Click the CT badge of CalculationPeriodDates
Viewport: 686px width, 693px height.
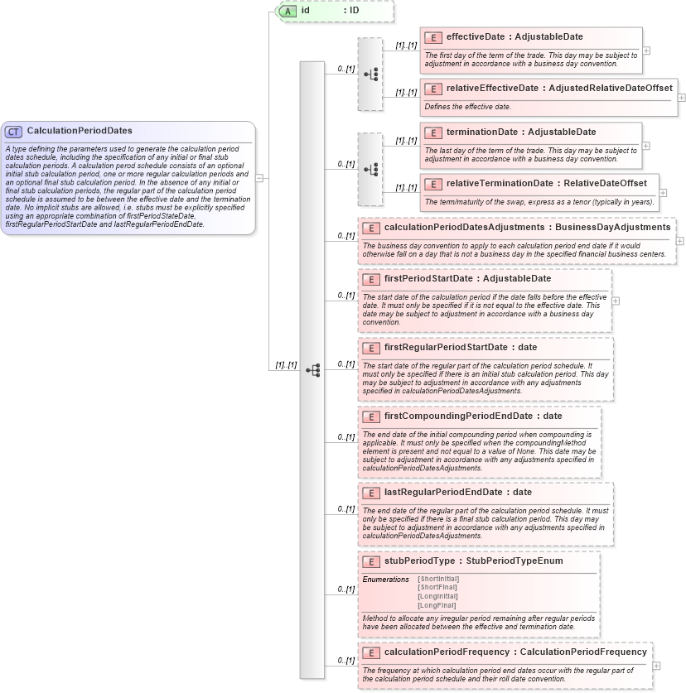coord(13,131)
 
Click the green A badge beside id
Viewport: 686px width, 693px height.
coord(287,11)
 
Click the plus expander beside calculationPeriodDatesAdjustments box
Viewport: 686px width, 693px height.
coord(680,240)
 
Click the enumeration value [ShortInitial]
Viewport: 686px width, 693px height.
coord(437,579)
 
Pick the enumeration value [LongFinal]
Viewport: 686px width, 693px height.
coord(437,605)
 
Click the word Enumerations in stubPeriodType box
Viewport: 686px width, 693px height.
coord(385,579)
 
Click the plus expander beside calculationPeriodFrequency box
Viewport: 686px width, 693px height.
coord(656,665)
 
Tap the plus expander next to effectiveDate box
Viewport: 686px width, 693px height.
coord(646,51)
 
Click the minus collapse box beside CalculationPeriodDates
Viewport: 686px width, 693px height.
coord(259,177)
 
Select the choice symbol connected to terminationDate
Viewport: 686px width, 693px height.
coord(370,169)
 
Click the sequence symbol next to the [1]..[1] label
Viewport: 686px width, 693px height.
coord(312,370)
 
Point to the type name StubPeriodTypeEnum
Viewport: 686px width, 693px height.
coord(514,561)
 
